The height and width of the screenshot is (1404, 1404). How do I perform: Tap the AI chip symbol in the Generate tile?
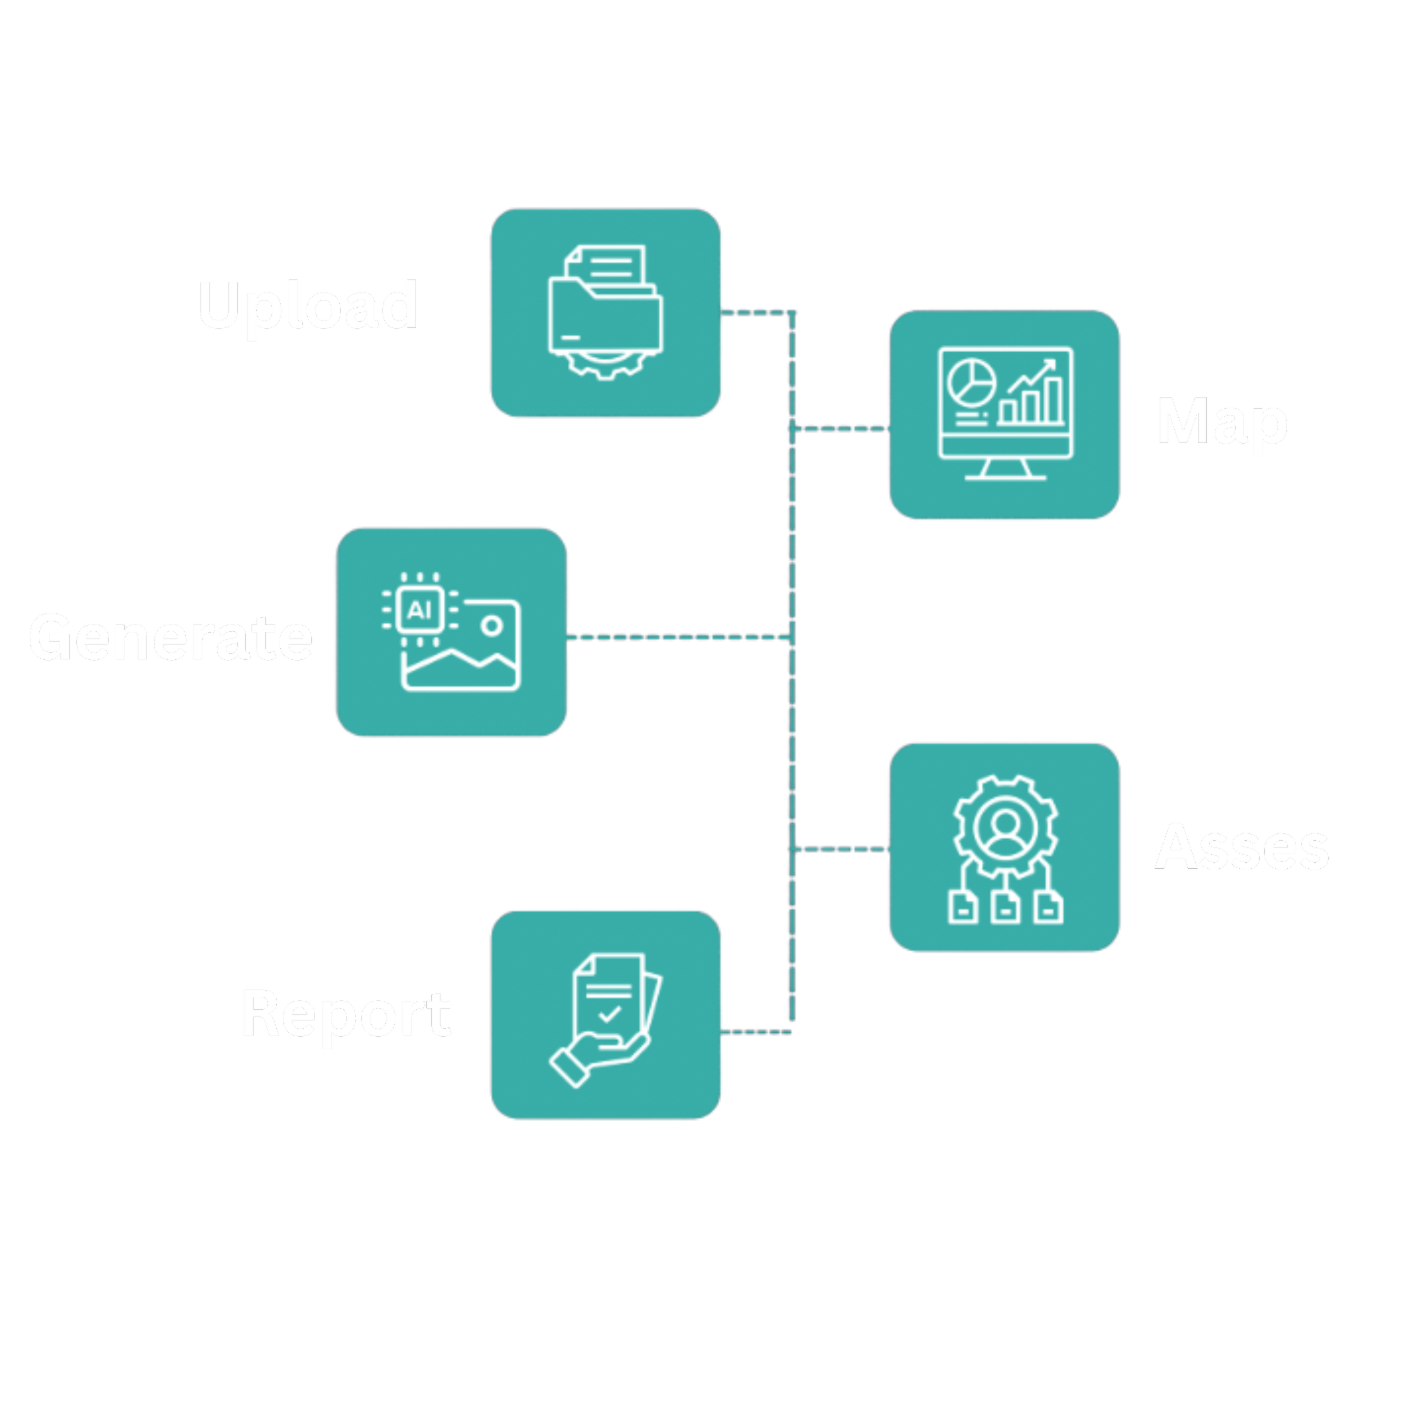pos(420,609)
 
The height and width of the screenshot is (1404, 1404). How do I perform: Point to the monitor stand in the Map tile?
pos(1005,469)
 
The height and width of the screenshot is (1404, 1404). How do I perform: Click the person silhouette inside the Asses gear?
pos(1006,828)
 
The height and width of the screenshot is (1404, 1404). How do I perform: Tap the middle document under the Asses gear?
pos(1005,908)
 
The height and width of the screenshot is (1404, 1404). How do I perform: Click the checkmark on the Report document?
pos(609,1013)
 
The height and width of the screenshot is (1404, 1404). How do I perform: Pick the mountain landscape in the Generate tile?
pos(460,665)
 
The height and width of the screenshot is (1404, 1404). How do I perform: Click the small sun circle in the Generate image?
pos(492,625)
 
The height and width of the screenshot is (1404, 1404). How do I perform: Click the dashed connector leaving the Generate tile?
pos(676,638)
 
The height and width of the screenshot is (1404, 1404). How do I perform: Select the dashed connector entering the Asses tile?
pos(843,848)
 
